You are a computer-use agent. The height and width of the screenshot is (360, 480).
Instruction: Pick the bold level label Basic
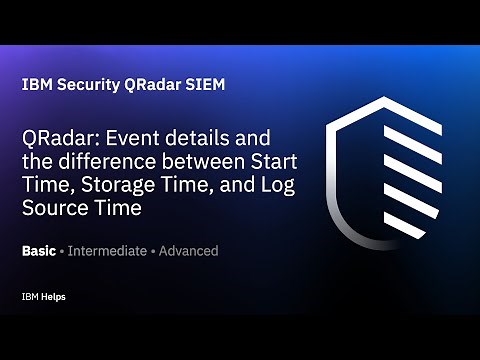[39, 251]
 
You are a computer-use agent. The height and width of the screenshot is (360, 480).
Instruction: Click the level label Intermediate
[105, 251]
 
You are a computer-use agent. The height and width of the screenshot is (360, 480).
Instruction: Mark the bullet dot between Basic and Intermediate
[62, 251]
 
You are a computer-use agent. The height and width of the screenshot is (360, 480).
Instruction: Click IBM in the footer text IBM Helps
[29, 297]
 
